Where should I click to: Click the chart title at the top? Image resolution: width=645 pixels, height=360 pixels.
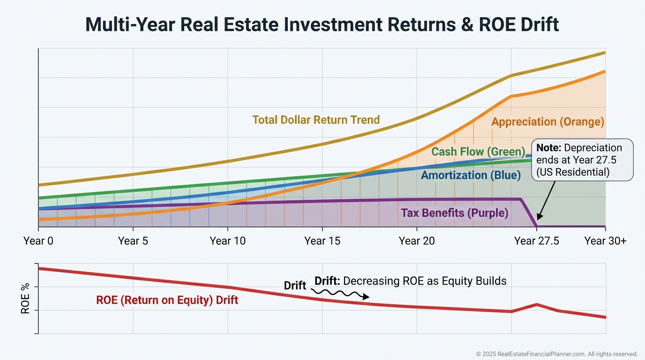pos(322,24)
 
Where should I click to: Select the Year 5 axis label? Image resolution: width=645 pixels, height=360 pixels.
pos(133,241)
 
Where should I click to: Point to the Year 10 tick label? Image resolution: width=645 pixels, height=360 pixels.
pos(228,241)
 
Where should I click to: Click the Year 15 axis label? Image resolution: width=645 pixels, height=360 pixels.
pos(322,241)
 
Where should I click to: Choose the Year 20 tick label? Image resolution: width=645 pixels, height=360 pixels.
pos(417,241)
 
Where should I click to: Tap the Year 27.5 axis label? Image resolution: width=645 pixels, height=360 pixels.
pos(537,241)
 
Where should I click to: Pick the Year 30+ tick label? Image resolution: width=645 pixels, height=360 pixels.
pos(605,241)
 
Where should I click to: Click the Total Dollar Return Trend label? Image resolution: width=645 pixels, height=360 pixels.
pos(316,120)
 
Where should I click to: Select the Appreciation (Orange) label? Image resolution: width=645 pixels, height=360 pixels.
pos(547,122)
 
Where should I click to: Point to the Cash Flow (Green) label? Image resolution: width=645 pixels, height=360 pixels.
pos(478,151)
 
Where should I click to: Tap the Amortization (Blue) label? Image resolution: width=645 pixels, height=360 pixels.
pos(471,175)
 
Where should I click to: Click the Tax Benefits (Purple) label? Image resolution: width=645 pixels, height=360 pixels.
pos(454,213)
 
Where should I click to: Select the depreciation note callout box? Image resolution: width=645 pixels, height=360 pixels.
pos(582,160)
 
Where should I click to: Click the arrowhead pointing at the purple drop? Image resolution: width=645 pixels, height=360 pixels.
pos(539,217)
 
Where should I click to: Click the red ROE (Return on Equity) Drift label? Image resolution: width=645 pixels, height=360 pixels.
pos(167,300)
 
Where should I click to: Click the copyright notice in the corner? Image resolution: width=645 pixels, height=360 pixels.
pos(557,354)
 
